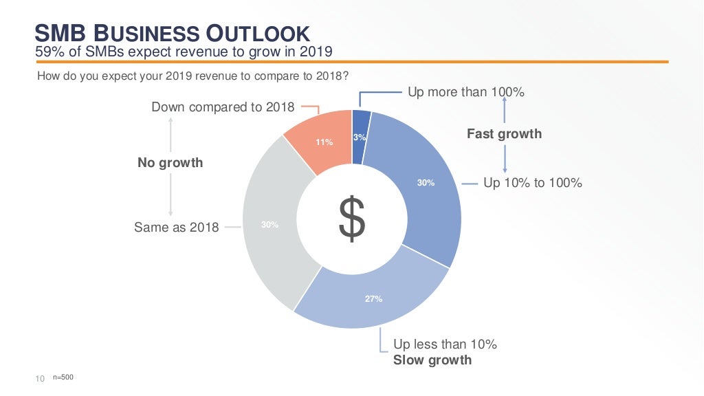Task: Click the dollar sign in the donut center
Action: pyautogui.click(x=352, y=219)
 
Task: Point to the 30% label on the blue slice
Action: pyautogui.click(x=426, y=183)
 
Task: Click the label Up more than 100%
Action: pyautogui.click(x=466, y=91)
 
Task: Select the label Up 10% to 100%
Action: pyautogui.click(x=533, y=183)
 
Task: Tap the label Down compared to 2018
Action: pyautogui.click(x=223, y=107)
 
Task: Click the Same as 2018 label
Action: pyautogui.click(x=177, y=227)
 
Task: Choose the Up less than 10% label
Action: pyautogui.click(x=445, y=344)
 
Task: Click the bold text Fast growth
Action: pyautogui.click(x=504, y=134)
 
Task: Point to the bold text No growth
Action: pyautogui.click(x=170, y=163)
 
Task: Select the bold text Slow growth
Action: pyautogui.click(x=432, y=360)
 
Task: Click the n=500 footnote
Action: pyautogui.click(x=63, y=377)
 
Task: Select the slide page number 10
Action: pyautogui.click(x=40, y=378)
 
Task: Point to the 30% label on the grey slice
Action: pyautogui.click(x=269, y=225)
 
